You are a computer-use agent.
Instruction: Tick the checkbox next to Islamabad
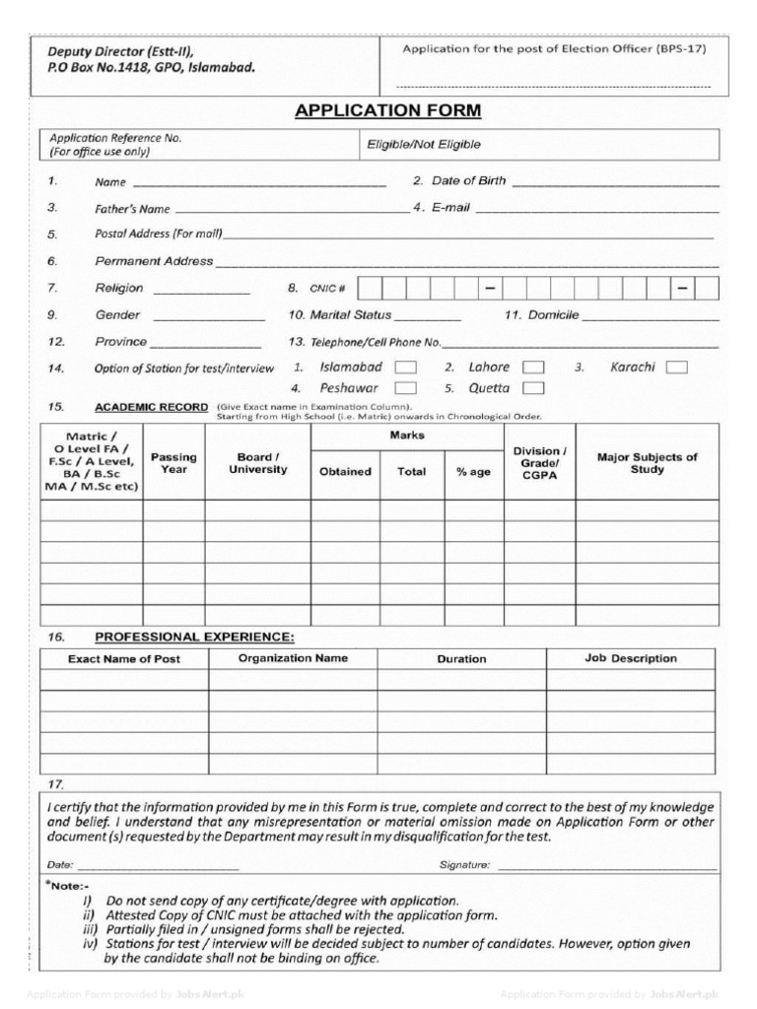[405, 368]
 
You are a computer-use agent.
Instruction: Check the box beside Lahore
[533, 368]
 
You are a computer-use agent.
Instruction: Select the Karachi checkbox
[676, 368]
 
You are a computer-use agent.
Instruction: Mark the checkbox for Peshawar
[405, 389]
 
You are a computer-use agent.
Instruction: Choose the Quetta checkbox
[533, 389]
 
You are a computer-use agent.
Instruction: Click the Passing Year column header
[173, 463]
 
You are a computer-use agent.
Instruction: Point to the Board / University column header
[257, 463]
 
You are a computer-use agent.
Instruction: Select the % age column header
[473, 472]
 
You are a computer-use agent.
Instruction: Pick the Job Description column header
[631, 658]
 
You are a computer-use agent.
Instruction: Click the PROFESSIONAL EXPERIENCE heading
[194, 638]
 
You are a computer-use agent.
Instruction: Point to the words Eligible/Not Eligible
[424, 145]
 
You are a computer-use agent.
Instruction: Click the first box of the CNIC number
[369, 289]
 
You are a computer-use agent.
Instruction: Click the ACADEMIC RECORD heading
[151, 407]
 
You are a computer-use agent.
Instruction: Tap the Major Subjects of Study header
[648, 463]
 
